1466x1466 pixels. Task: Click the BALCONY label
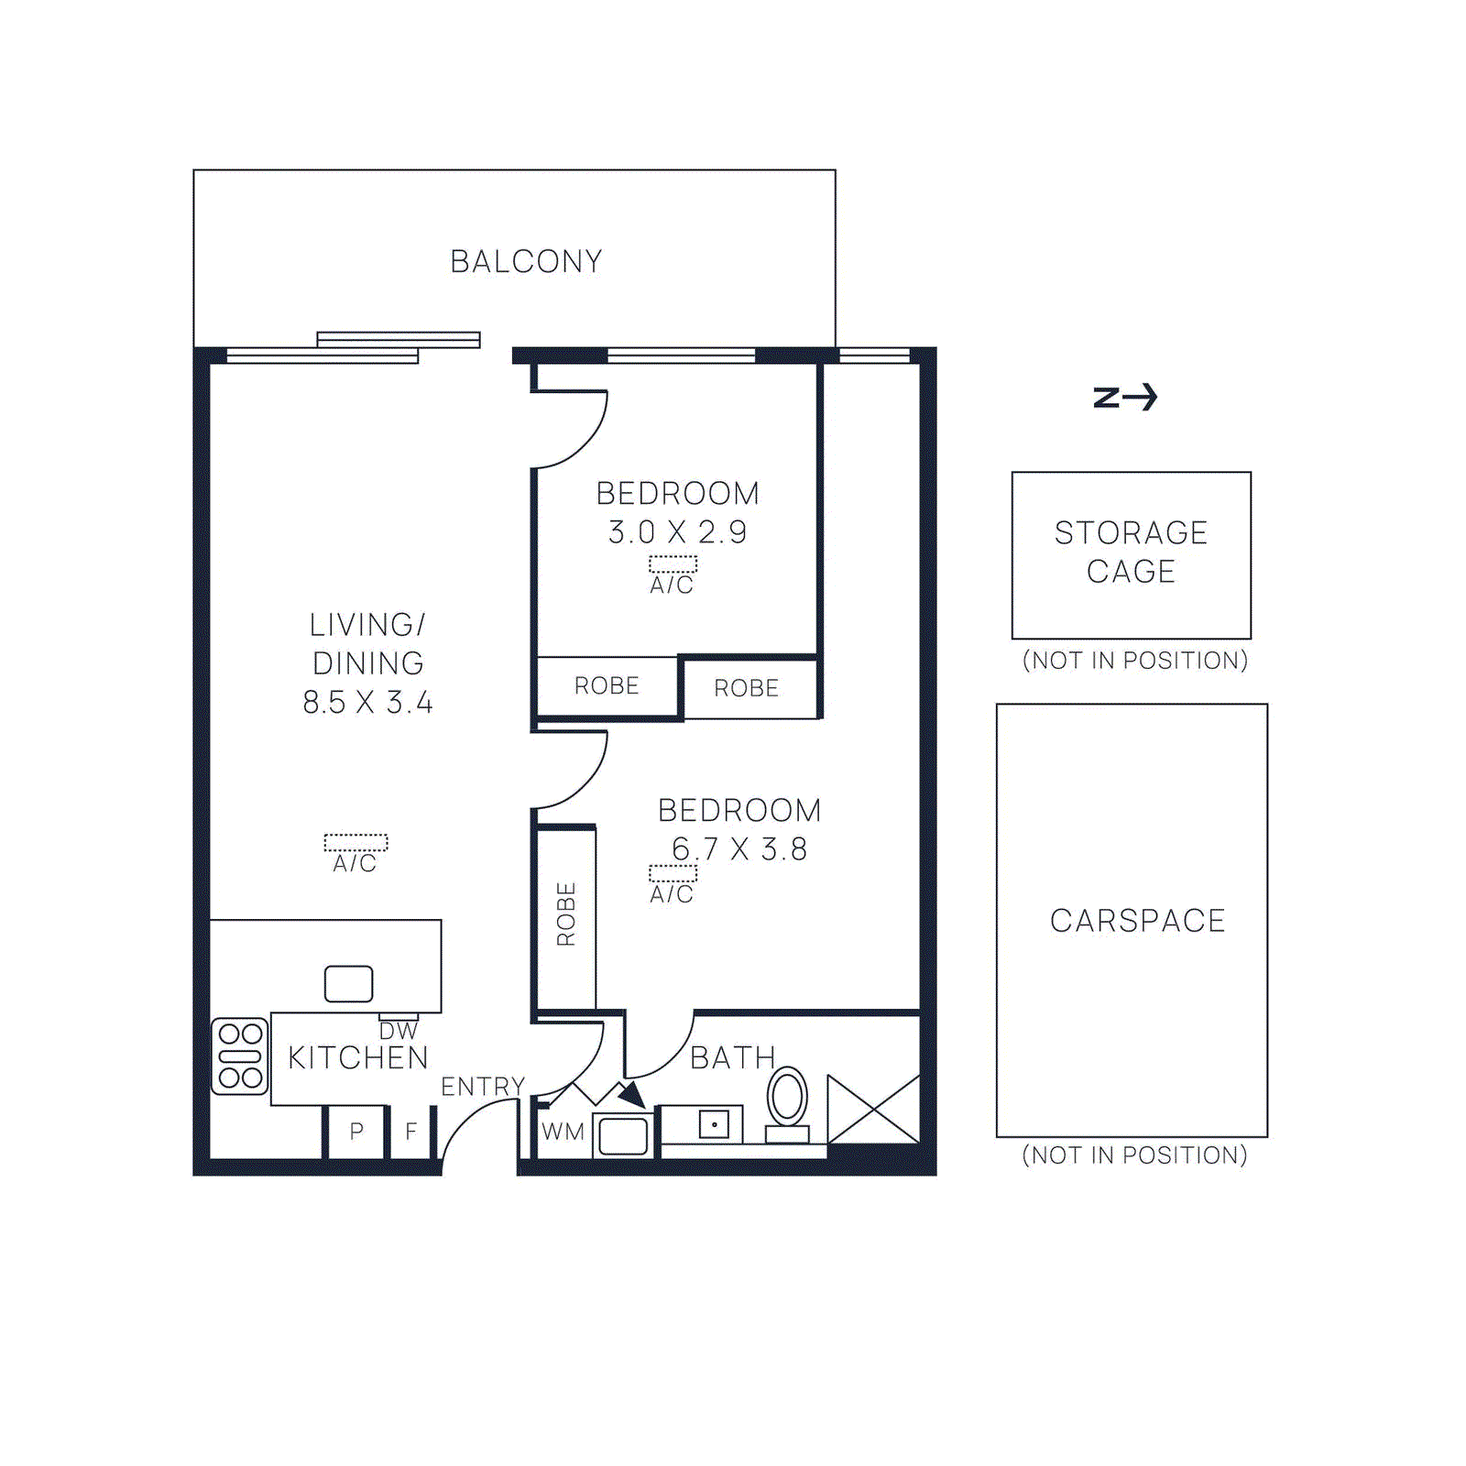coord(526,262)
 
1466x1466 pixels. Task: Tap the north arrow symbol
coord(1125,397)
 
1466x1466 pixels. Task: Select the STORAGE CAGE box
coord(1131,554)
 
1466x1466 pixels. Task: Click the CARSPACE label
coord(1137,920)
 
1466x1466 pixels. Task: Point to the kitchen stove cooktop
coord(240,1056)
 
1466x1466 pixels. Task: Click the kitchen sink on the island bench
coord(348,983)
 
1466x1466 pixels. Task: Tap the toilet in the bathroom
coord(787,1103)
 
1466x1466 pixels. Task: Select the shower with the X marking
coord(873,1110)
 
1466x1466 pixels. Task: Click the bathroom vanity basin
coord(714,1123)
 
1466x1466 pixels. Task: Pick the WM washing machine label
coord(563,1132)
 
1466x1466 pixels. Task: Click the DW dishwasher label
coord(398,1032)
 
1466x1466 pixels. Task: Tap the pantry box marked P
coord(356,1132)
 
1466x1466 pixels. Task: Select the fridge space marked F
coord(410,1132)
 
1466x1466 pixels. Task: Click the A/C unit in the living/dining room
coord(356,842)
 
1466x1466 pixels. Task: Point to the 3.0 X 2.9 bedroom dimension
coord(677,531)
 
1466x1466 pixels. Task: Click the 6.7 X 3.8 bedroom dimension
coord(738,849)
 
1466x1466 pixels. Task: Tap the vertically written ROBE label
coord(566,914)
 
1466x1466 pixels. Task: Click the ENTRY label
coord(482,1087)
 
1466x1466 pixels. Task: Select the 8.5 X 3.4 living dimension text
coord(367,703)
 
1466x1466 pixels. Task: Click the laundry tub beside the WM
coord(623,1136)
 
